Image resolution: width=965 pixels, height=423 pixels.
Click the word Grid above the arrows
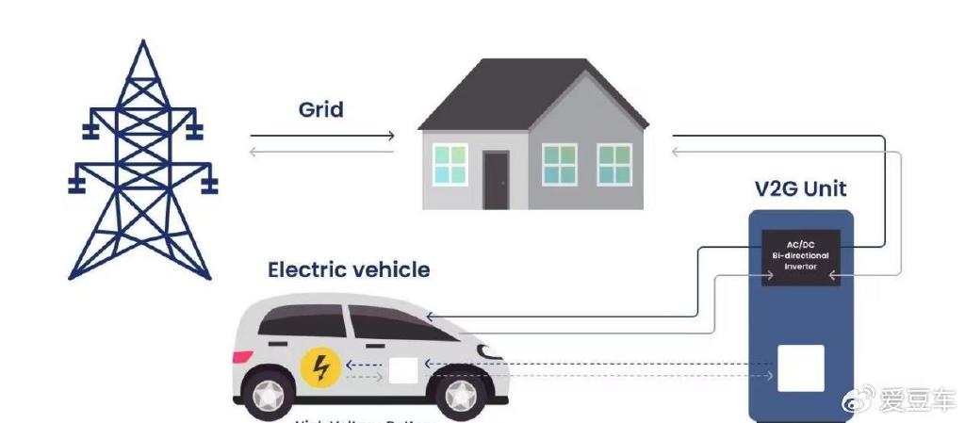[320, 109]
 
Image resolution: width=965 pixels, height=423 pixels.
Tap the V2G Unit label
[801, 187]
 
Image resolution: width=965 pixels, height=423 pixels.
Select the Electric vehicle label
[349, 270]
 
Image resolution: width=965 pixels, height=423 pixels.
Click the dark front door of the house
[496, 180]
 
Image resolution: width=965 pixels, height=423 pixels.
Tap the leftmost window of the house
[450, 164]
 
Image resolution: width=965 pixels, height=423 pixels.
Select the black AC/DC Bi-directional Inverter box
[800, 257]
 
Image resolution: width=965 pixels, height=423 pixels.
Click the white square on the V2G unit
[800, 368]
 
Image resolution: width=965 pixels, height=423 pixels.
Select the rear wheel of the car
[267, 397]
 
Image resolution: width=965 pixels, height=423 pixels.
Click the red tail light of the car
[242, 357]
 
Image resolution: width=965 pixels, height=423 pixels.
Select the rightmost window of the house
[614, 164]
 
